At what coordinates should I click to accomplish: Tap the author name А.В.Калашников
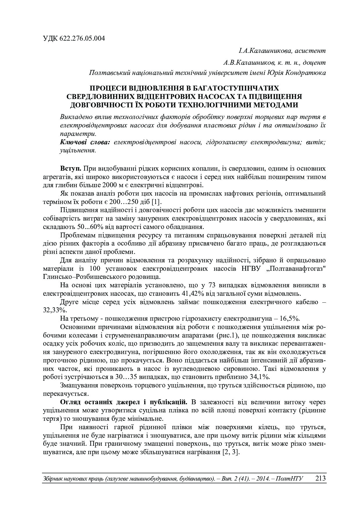pyautogui.click(x=249, y=63)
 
